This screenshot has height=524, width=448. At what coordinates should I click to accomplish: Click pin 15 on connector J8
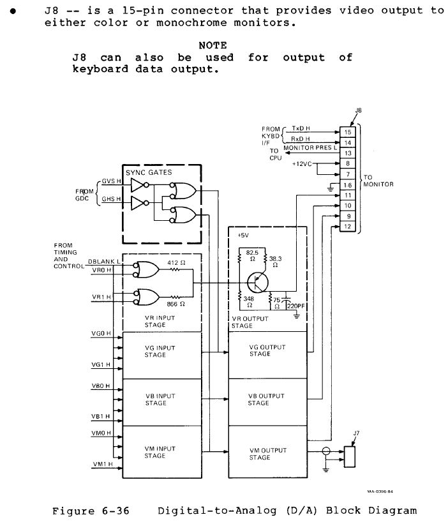pyautogui.click(x=348, y=132)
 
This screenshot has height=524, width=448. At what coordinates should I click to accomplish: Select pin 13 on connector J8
pyautogui.click(x=348, y=153)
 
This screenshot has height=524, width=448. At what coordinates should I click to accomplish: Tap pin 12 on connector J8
pyautogui.click(x=348, y=227)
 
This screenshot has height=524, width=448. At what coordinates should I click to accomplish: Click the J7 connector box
pyautogui.click(x=348, y=457)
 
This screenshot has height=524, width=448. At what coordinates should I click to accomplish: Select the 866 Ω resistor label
pyautogui.click(x=176, y=304)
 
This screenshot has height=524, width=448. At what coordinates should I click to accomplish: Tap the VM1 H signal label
pyautogui.click(x=102, y=464)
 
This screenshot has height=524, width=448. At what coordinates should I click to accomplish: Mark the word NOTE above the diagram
pyautogui.click(x=213, y=45)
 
